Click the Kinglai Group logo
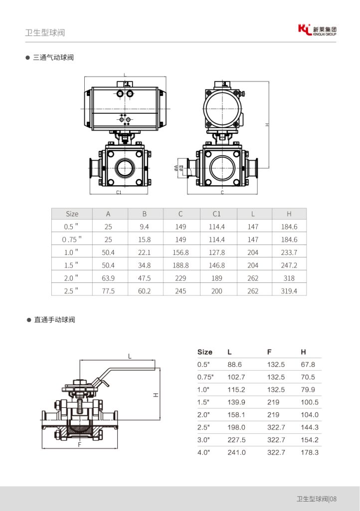(x=317, y=29)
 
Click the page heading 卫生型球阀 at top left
(x=45, y=32)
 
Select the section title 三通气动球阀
(x=53, y=58)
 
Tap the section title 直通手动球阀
(x=55, y=320)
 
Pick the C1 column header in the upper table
(x=216, y=214)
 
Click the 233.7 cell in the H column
(x=289, y=253)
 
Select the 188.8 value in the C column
(x=180, y=265)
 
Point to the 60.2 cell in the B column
(x=144, y=291)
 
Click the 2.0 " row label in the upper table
(x=71, y=278)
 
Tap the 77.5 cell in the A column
(x=108, y=291)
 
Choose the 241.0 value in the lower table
(x=237, y=452)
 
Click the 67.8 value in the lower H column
(x=308, y=364)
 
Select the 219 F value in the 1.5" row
(x=273, y=402)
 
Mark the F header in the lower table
(x=269, y=352)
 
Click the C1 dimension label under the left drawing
(x=119, y=192)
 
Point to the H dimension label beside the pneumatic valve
(x=267, y=124)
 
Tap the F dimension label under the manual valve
(x=79, y=445)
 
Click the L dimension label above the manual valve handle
(x=130, y=356)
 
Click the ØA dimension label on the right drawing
(x=176, y=168)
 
